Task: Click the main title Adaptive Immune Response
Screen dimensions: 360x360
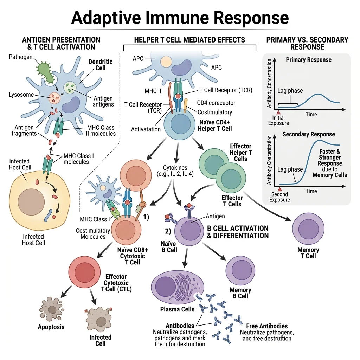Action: [x=180, y=17]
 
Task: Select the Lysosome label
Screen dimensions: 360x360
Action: [x=21, y=95]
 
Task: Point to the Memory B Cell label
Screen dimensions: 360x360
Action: [x=240, y=293]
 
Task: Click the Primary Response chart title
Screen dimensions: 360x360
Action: [x=308, y=59]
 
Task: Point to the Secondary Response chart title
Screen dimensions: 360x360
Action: [x=309, y=134]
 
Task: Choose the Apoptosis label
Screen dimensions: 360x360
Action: [x=51, y=327]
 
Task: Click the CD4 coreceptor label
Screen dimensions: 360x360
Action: [x=216, y=103]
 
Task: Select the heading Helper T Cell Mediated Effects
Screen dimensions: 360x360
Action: [x=189, y=40]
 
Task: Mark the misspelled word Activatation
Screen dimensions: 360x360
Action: [x=146, y=129]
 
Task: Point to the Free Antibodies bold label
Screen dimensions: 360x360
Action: [x=267, y=326]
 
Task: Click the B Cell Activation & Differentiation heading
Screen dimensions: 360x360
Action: [x=238, y=232]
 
